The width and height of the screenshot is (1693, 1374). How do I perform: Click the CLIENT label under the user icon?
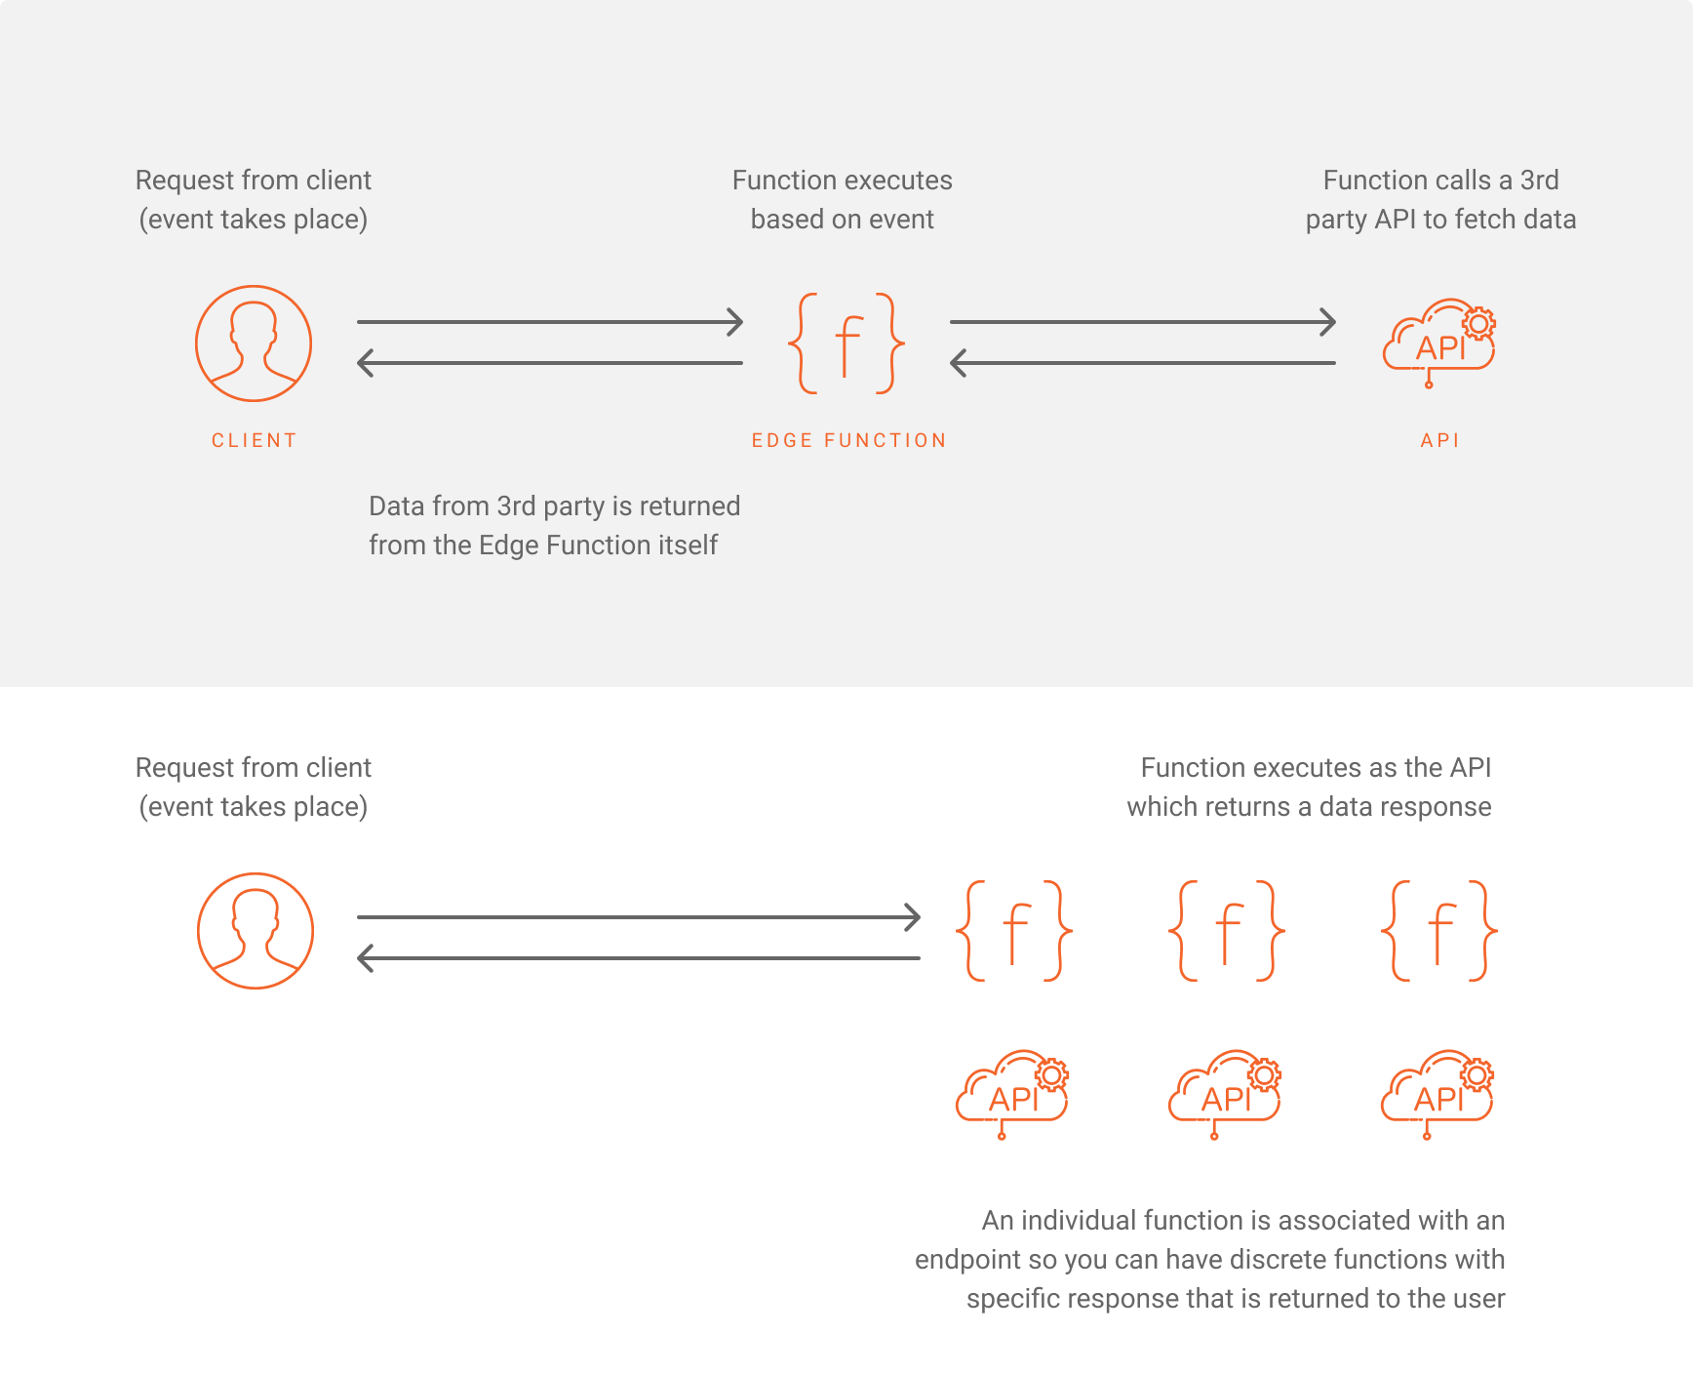coord(254,440)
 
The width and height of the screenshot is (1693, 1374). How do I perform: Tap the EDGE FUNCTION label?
coord(848,440)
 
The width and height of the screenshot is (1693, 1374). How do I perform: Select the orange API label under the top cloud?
coord(1439,440)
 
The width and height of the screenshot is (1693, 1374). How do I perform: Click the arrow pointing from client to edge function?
coord(550,321)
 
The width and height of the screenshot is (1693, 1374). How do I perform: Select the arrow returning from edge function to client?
coord(550,363)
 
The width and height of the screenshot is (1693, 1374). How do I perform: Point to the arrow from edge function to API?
coord(1143,321)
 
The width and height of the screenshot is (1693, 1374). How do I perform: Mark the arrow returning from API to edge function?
coord(1143,363)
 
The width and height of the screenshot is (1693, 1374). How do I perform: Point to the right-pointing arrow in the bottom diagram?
coord(639,917)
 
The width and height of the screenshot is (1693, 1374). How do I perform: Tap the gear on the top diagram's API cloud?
coord(1478,323)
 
